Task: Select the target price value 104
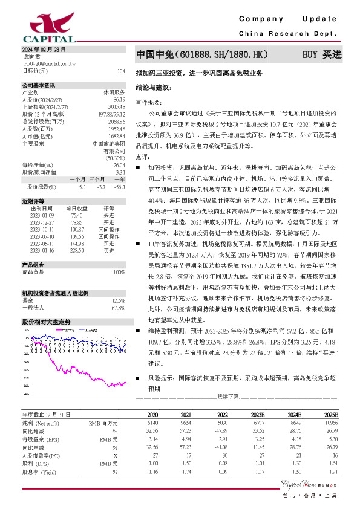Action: (121, 71)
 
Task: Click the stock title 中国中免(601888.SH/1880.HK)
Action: (203, 54)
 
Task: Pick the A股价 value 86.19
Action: (119, 99)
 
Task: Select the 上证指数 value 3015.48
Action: (117, 106)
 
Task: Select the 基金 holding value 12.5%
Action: (118, 300)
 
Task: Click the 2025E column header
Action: (331, 416)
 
